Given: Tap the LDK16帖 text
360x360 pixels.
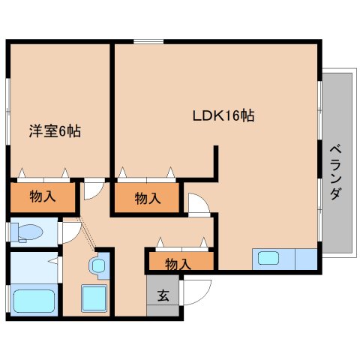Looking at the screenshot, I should (x=223, y=116).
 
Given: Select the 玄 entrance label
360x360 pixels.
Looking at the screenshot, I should (x=162, y=295).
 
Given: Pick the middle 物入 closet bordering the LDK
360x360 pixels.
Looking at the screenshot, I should (x=147, y=198).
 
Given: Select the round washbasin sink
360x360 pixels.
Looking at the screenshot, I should (x=98, y=265).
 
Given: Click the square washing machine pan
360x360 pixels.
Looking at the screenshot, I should (x=94, y=298).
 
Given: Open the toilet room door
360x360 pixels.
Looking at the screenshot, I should (x=70, y=231).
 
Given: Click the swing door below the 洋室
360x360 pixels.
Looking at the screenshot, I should (x=93, y=190).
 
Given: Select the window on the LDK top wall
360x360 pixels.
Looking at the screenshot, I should (x=148, y=41).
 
